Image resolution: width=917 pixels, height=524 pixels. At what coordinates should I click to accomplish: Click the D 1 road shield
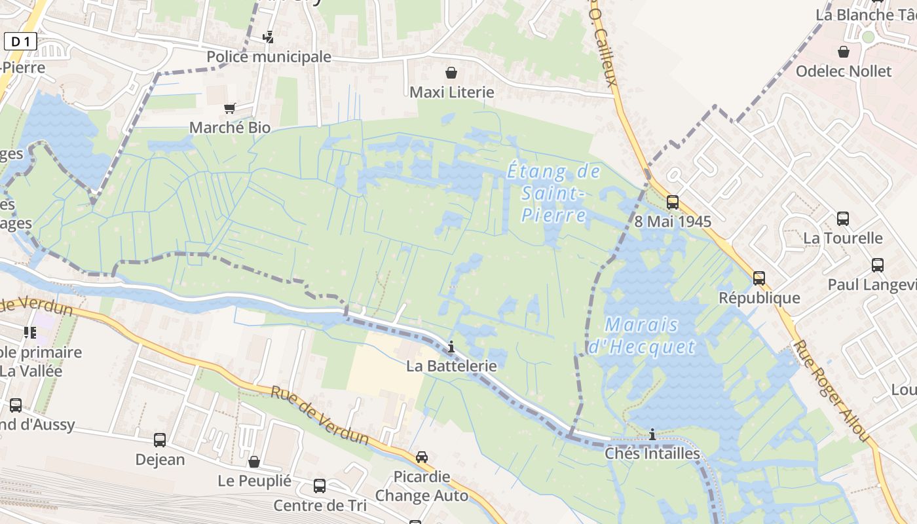(20, 42)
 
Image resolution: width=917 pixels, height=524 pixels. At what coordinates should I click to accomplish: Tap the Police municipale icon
(268, 37)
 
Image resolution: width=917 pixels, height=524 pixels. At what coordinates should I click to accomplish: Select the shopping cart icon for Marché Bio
(230, 108)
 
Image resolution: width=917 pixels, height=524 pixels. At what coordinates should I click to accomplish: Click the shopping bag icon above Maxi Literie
(451, 73)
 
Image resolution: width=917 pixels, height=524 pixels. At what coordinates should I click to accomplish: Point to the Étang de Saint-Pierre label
(554, 193)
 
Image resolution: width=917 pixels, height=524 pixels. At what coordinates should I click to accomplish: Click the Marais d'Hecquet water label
(642, 335)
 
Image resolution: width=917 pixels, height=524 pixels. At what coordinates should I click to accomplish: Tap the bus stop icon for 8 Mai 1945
(673, 202)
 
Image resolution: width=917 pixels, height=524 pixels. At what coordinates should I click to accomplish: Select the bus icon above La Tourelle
(843, 219)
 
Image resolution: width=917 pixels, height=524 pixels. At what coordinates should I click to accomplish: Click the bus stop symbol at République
(759, 278)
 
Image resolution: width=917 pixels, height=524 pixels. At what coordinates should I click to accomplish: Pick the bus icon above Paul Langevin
(878, 265)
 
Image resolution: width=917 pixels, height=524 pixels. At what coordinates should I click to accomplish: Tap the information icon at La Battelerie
(451, 346)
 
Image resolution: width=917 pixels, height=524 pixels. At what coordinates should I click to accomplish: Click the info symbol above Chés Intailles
(652, 434)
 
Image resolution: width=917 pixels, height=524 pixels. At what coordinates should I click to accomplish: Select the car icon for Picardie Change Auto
(422, 457)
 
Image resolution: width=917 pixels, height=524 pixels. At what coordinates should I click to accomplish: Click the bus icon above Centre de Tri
(320, 486)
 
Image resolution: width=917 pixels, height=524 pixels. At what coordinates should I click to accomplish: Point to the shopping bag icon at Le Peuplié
(254, 462)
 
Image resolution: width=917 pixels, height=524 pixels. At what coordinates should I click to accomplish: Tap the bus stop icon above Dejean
(160, 440)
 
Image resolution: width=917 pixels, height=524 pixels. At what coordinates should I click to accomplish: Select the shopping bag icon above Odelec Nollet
(844, 52)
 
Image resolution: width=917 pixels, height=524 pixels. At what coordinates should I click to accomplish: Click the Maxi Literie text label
(451, 92)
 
